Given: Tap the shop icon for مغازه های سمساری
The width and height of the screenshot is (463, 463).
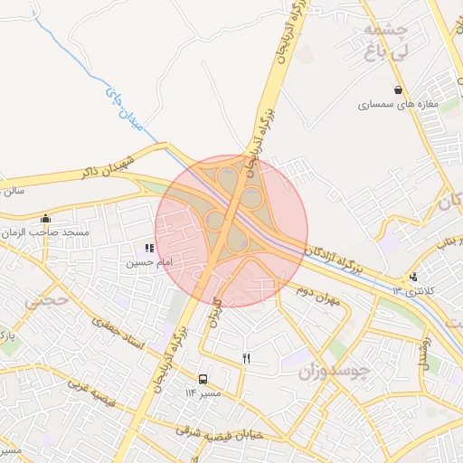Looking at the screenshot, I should point(398,90).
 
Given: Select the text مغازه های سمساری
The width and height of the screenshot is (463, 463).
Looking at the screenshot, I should point(398,105).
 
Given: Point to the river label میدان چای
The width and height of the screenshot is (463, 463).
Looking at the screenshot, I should point(125,109).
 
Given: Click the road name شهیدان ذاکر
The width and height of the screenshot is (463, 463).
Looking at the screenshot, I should point(108,168).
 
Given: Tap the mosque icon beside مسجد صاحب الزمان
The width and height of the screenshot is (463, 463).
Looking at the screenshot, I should point(46,218).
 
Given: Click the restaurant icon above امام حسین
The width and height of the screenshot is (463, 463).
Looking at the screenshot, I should point(149,249).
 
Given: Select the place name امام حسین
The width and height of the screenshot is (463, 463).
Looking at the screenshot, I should point(147,262).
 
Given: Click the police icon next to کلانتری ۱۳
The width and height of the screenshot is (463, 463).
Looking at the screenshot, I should point(413,277).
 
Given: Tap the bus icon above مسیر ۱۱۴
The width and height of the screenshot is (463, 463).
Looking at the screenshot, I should point(203,380).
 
